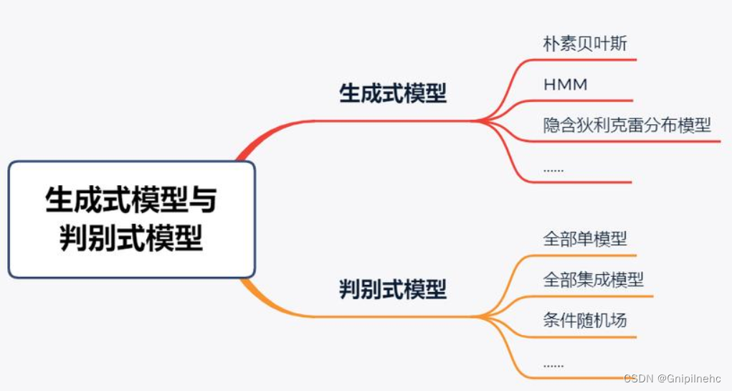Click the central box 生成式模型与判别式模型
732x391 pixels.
coord(131,219)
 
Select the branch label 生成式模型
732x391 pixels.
coord(392,94)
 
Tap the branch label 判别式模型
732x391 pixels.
coord(392,289)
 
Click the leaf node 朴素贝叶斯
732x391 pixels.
coord(585,44)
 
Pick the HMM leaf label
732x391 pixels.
coord(566,85)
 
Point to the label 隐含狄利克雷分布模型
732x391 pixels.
coord(627,125)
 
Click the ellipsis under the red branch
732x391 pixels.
coord(553,169)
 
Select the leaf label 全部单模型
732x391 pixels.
coord(585,238)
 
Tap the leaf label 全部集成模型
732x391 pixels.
coord(594,279)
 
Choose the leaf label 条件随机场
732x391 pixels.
coord(585,320)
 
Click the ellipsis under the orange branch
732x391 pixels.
coord(553,364)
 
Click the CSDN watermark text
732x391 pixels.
coord(637,378)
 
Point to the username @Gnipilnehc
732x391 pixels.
coord(689,378)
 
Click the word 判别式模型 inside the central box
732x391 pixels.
coord(131,237)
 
